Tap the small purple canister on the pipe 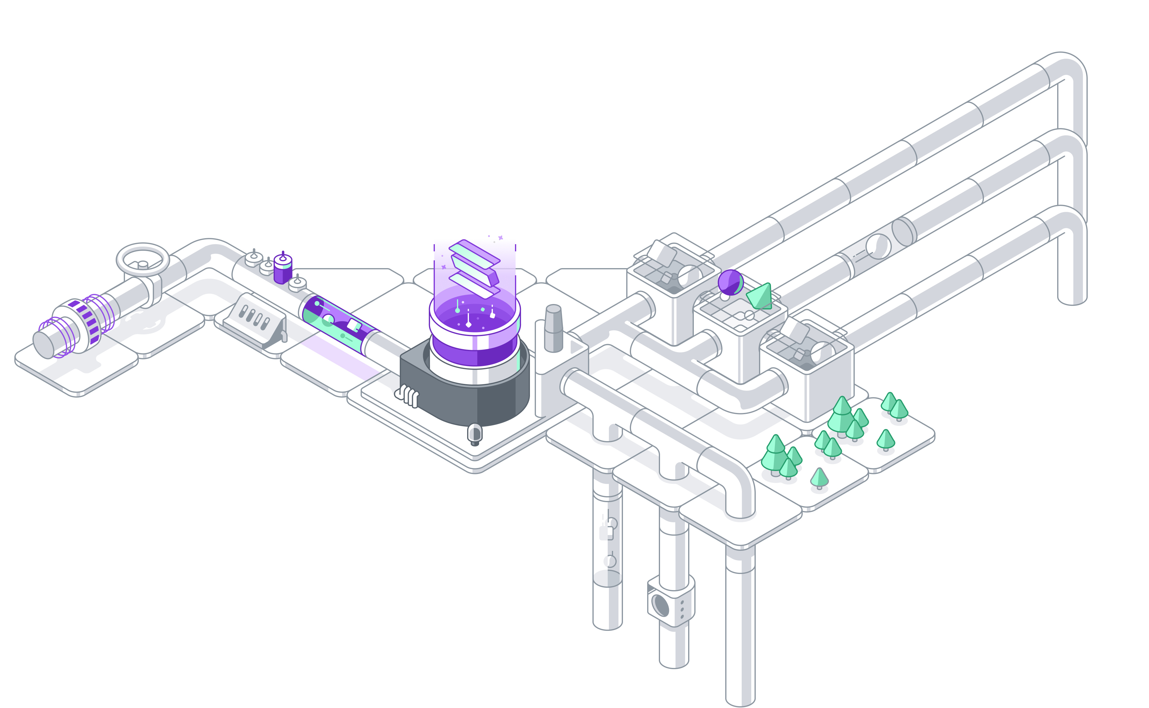point(283,269)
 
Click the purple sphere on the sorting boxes point(730,282)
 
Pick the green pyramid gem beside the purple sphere point(759,296)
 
